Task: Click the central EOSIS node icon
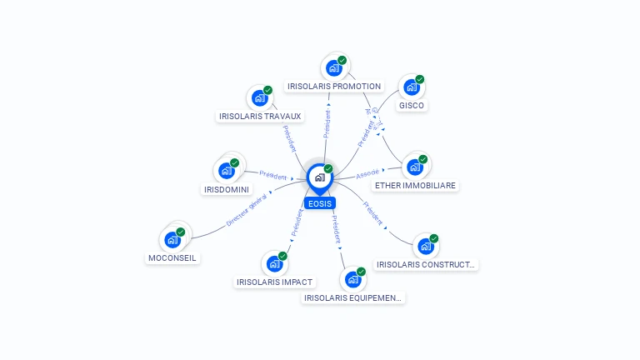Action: tap(319, 177)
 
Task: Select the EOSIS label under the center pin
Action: tap(320, 202)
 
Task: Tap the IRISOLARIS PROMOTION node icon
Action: tap(334, 68)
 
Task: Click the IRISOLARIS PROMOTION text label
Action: tap(334, 86)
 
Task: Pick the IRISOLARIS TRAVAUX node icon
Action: tap(260, 98)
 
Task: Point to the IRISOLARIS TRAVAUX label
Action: tap(260, 116)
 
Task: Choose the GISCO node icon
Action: tap(412, 87)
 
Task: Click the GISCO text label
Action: tap(412, 105)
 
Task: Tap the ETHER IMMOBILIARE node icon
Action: tap(415, 167)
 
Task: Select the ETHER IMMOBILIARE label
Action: tap(415, 185)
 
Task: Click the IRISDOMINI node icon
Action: tap(227, 171)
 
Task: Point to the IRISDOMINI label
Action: tap(227, 189)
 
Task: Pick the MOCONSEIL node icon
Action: tap(172, 240)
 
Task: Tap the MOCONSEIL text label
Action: tap(172, 257)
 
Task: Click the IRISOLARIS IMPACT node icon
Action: tap(274, 264)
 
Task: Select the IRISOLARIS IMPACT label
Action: tap(275, 282)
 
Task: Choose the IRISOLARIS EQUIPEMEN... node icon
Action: tap(352, 279)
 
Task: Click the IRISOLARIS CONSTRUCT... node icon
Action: tap(426, 247)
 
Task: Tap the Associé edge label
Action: tap(367, 174)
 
